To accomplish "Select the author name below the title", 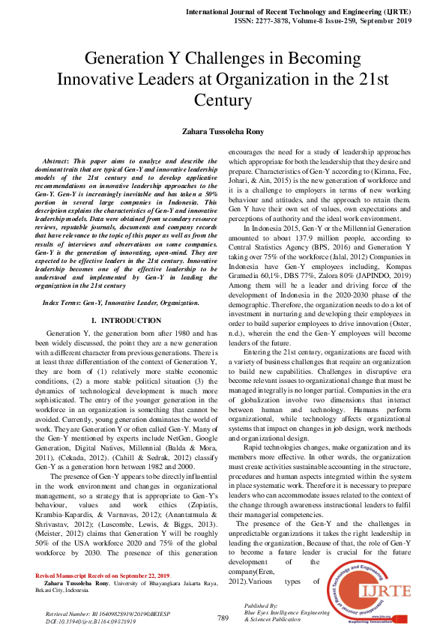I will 223,131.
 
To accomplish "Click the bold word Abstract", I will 62,161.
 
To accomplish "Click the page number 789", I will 223,618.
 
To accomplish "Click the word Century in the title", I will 223,100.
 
